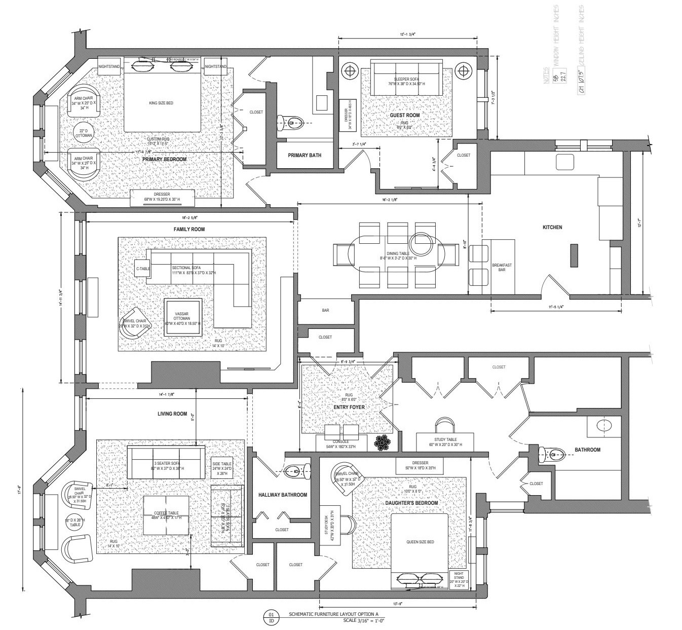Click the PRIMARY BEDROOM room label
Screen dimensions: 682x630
pyautogui.click(x=164, y=159)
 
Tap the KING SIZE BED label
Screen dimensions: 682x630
pyautogui.click(x=161, y=103)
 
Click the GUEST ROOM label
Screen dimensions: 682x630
pyautogui.click(x=404, y=116)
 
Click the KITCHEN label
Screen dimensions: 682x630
pyautogui.click(x=552, y=228)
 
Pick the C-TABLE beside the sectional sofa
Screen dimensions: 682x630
pyautogui.click(x=143, y=269)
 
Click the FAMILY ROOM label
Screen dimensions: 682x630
pyautogui.click(x=189, y=230)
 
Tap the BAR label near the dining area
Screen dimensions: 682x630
pyautogui.click(x=325, y=310)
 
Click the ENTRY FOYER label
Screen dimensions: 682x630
pyautogui.click(x=349, y=407)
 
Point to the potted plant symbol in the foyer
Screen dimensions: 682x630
pyautogui.click(x=383, y=442)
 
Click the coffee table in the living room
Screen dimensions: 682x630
pyautogui.click(x=167, y=514)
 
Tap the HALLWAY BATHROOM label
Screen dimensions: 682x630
pyautogui.click(x=282, y=495)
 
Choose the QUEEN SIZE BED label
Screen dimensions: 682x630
pyautogui.click(x=420, y=542)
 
